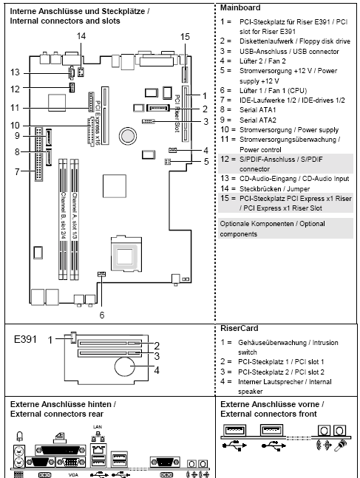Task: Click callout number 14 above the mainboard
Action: [81, 35]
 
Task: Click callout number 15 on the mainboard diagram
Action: [185, 35]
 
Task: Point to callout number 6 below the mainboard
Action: [102, 313]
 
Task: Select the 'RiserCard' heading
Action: [239, 326]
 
